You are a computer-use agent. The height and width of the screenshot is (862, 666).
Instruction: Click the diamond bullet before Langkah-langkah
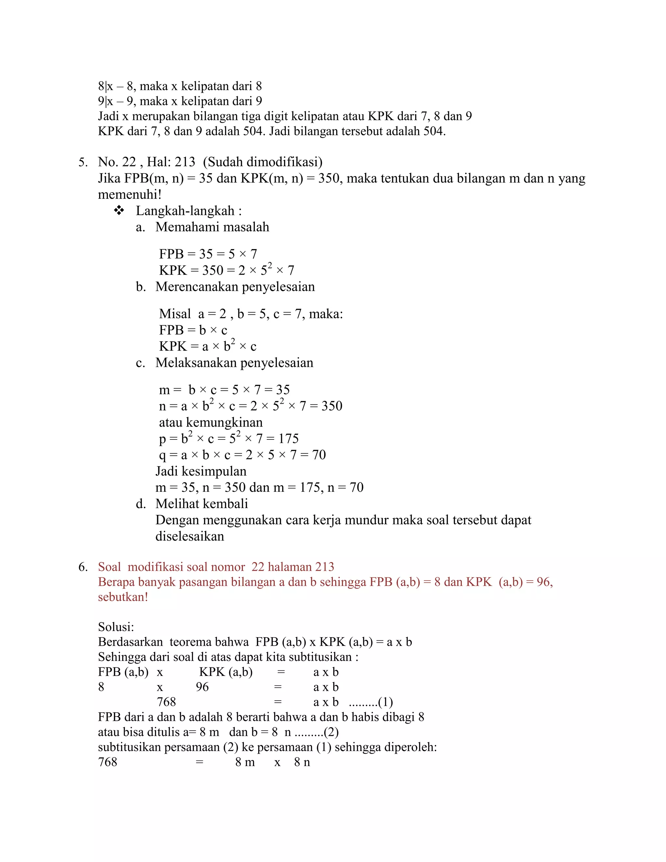(119, 211)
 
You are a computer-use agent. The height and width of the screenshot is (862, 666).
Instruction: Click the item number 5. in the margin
(83, 162)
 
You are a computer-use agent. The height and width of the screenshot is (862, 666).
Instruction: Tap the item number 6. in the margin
(83, 567)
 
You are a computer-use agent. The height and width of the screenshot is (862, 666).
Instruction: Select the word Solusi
(115, 627)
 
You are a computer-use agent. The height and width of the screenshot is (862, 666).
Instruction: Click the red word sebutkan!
(123, 597)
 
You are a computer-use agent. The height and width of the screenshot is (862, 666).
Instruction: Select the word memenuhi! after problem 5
(129, 195)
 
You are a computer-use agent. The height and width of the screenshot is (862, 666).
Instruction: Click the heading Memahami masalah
(212, 227)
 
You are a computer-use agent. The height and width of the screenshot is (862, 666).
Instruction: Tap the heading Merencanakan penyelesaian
(235, 287)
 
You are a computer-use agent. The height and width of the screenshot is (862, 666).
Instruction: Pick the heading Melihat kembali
(201, 504)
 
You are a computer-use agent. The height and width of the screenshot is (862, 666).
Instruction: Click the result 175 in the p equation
(288, 438)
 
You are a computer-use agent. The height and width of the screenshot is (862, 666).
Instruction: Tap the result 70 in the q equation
(319, 455)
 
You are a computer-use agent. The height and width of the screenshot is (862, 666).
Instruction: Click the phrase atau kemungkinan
(210, 422)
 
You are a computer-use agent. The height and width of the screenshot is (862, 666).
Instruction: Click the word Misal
(175, 314)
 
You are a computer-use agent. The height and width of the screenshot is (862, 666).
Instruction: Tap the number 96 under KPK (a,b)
(202, 687)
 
